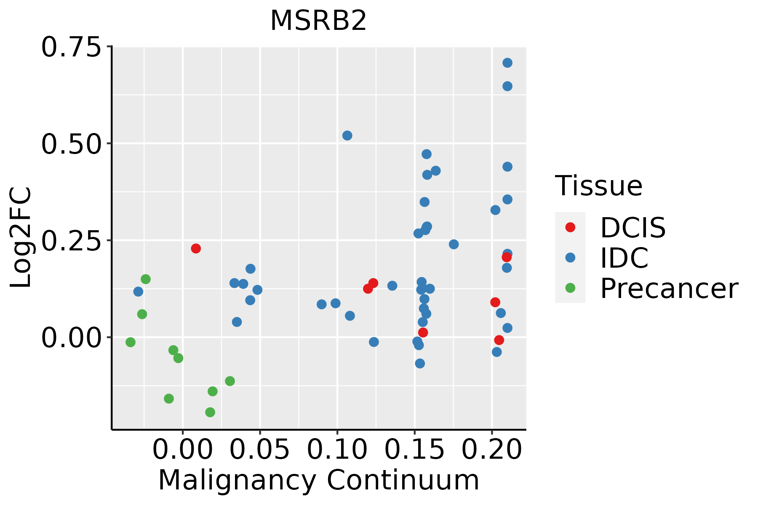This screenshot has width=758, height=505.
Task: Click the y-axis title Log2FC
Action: coord(21,237)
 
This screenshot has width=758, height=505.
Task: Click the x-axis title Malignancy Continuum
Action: coord(318,480)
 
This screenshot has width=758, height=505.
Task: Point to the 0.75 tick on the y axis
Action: coord(72,47)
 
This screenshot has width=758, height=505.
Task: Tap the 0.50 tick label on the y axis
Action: coord(72,144)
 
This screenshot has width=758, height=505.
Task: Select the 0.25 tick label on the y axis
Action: coord(72,241)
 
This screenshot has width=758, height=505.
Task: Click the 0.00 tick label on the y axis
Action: coord(72,338)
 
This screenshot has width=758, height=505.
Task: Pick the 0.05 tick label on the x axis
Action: coord(260,449)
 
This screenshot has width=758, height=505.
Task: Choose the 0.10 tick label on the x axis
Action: coord(337,449)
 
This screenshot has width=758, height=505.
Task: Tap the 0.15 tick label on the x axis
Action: coord(415,449)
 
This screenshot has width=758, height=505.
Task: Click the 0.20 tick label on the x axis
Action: coord(492,449)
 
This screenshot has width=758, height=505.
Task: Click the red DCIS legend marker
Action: coord(570,227)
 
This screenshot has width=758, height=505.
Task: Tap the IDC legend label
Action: coord(624,258)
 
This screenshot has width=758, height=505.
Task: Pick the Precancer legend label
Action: coord(669,289)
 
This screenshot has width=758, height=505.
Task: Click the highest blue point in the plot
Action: coord(507,63)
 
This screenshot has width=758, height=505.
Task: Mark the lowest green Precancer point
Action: coord(210,412)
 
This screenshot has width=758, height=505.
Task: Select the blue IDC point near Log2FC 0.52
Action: coord(347,136)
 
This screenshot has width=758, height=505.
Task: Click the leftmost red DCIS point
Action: coord(196,248)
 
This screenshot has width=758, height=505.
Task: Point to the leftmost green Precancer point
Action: coord(131,342)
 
